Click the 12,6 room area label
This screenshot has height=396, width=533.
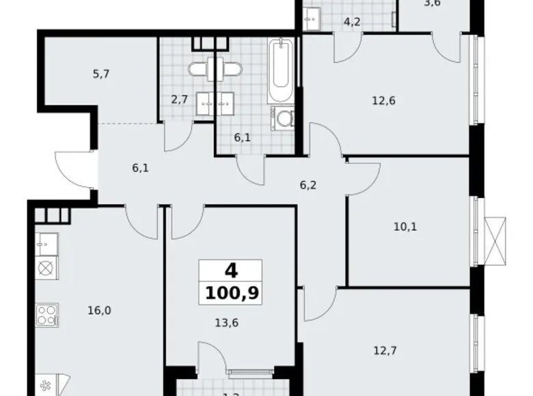click(x=383, y=100)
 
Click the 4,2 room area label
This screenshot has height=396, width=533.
click(x=352, y=22)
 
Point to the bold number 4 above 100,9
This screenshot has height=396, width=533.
click(x=232, y=271)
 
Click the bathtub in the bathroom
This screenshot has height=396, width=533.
click(x=282, y=71)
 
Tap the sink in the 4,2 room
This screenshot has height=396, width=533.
click(x=314, y=17)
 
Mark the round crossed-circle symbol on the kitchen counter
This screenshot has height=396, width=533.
click(x=46, y=267)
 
